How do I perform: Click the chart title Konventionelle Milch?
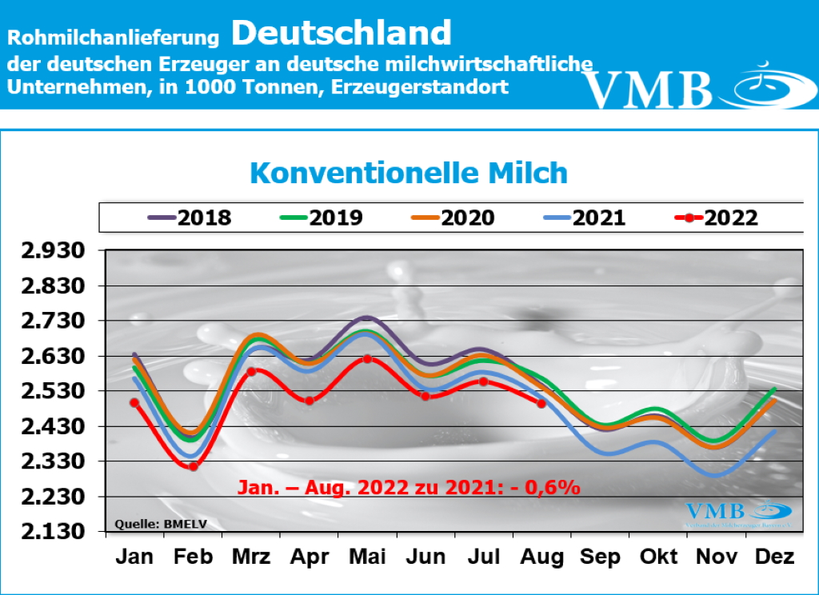tap(409, 174)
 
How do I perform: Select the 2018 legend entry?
tap(190, 218)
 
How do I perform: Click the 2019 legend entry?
tap(321, 218)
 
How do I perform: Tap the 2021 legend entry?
tap(584, 218)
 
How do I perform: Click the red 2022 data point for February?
tap(193, 466)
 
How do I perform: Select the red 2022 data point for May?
tap(366, 359)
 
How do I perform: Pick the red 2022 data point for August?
tap(541, 404)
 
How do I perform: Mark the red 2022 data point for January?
tap(134, 403)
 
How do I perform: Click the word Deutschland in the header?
tap(342, 34)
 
